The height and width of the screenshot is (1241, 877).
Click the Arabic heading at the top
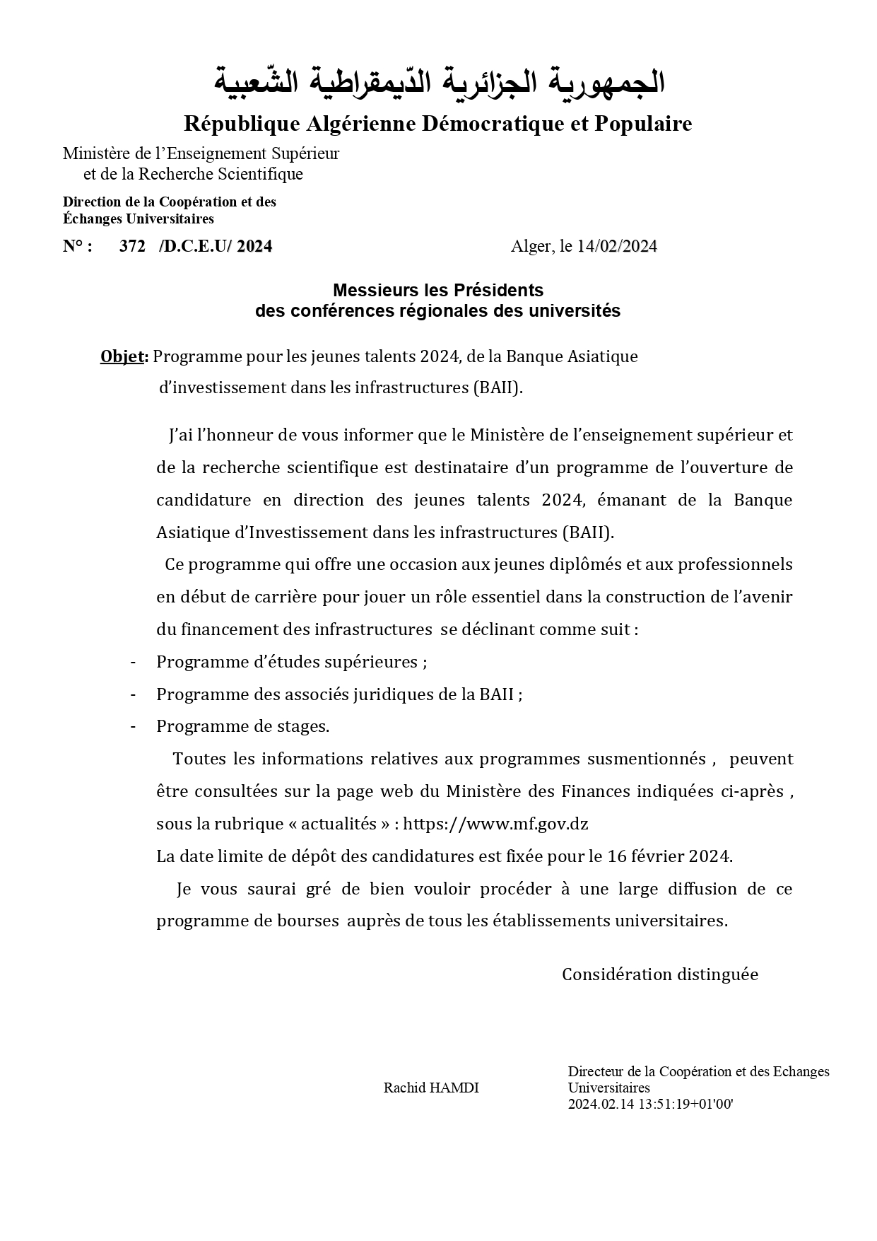click(440, 82)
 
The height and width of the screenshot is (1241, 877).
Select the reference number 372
click(132, 246)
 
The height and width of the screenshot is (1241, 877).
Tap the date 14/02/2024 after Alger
click(617, 246)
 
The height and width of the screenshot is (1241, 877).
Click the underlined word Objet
click(122, 356)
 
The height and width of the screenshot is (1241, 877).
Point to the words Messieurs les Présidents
click(437, 290)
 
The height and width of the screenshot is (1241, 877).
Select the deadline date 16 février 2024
click(669, 856)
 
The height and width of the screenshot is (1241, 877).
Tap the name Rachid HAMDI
click(431, 1088)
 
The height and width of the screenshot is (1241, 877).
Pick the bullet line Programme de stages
click(242, 726)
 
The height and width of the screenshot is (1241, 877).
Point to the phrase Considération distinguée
click(659, 974)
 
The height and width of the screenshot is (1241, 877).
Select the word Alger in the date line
click(531, 246)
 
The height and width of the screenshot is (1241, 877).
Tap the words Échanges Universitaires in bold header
click(139, 219)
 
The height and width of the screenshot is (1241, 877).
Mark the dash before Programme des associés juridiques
click(133, 694)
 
